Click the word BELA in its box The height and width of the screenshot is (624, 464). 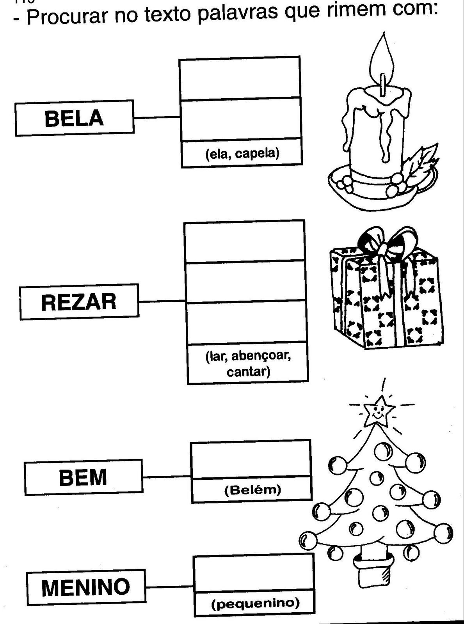coord(74,118)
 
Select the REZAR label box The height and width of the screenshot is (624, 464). coord(79,302)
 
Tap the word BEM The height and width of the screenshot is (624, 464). coord(83,477)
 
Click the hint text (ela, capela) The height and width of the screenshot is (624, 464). coord(242,153)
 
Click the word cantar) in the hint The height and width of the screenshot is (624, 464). coord(248,371)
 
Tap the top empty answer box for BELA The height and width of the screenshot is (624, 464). coord(240,78)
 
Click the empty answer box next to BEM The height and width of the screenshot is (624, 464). coord(251,459)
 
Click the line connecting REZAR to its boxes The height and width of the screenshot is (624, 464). coord(161,301)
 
